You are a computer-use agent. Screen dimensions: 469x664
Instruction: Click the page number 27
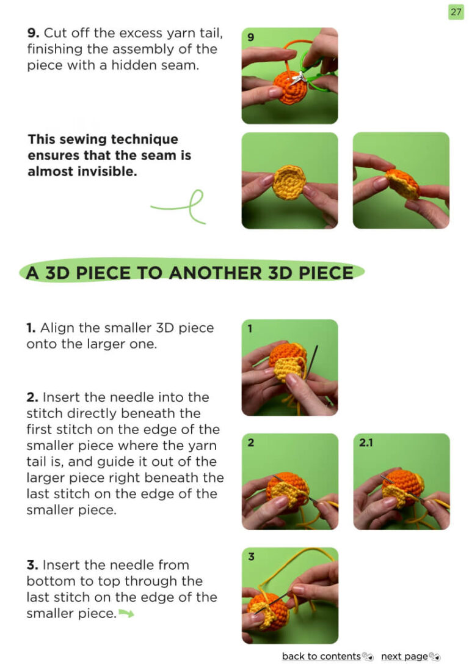[456, 12]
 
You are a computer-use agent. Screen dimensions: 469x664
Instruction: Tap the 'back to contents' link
[321, 656]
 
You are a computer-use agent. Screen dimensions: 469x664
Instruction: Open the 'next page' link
[404, 656]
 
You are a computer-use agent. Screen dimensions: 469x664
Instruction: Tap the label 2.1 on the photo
[366, 443]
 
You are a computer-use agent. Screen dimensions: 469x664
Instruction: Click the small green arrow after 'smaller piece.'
[126, 613]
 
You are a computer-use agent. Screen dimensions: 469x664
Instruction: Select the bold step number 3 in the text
[32, 565]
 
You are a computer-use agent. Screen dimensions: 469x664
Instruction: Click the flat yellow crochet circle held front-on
[289, 182]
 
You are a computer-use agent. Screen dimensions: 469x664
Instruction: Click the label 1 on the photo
[250, 328]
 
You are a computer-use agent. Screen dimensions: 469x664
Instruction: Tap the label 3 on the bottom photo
[251, 556]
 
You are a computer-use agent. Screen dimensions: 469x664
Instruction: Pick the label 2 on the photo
[251, 443]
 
